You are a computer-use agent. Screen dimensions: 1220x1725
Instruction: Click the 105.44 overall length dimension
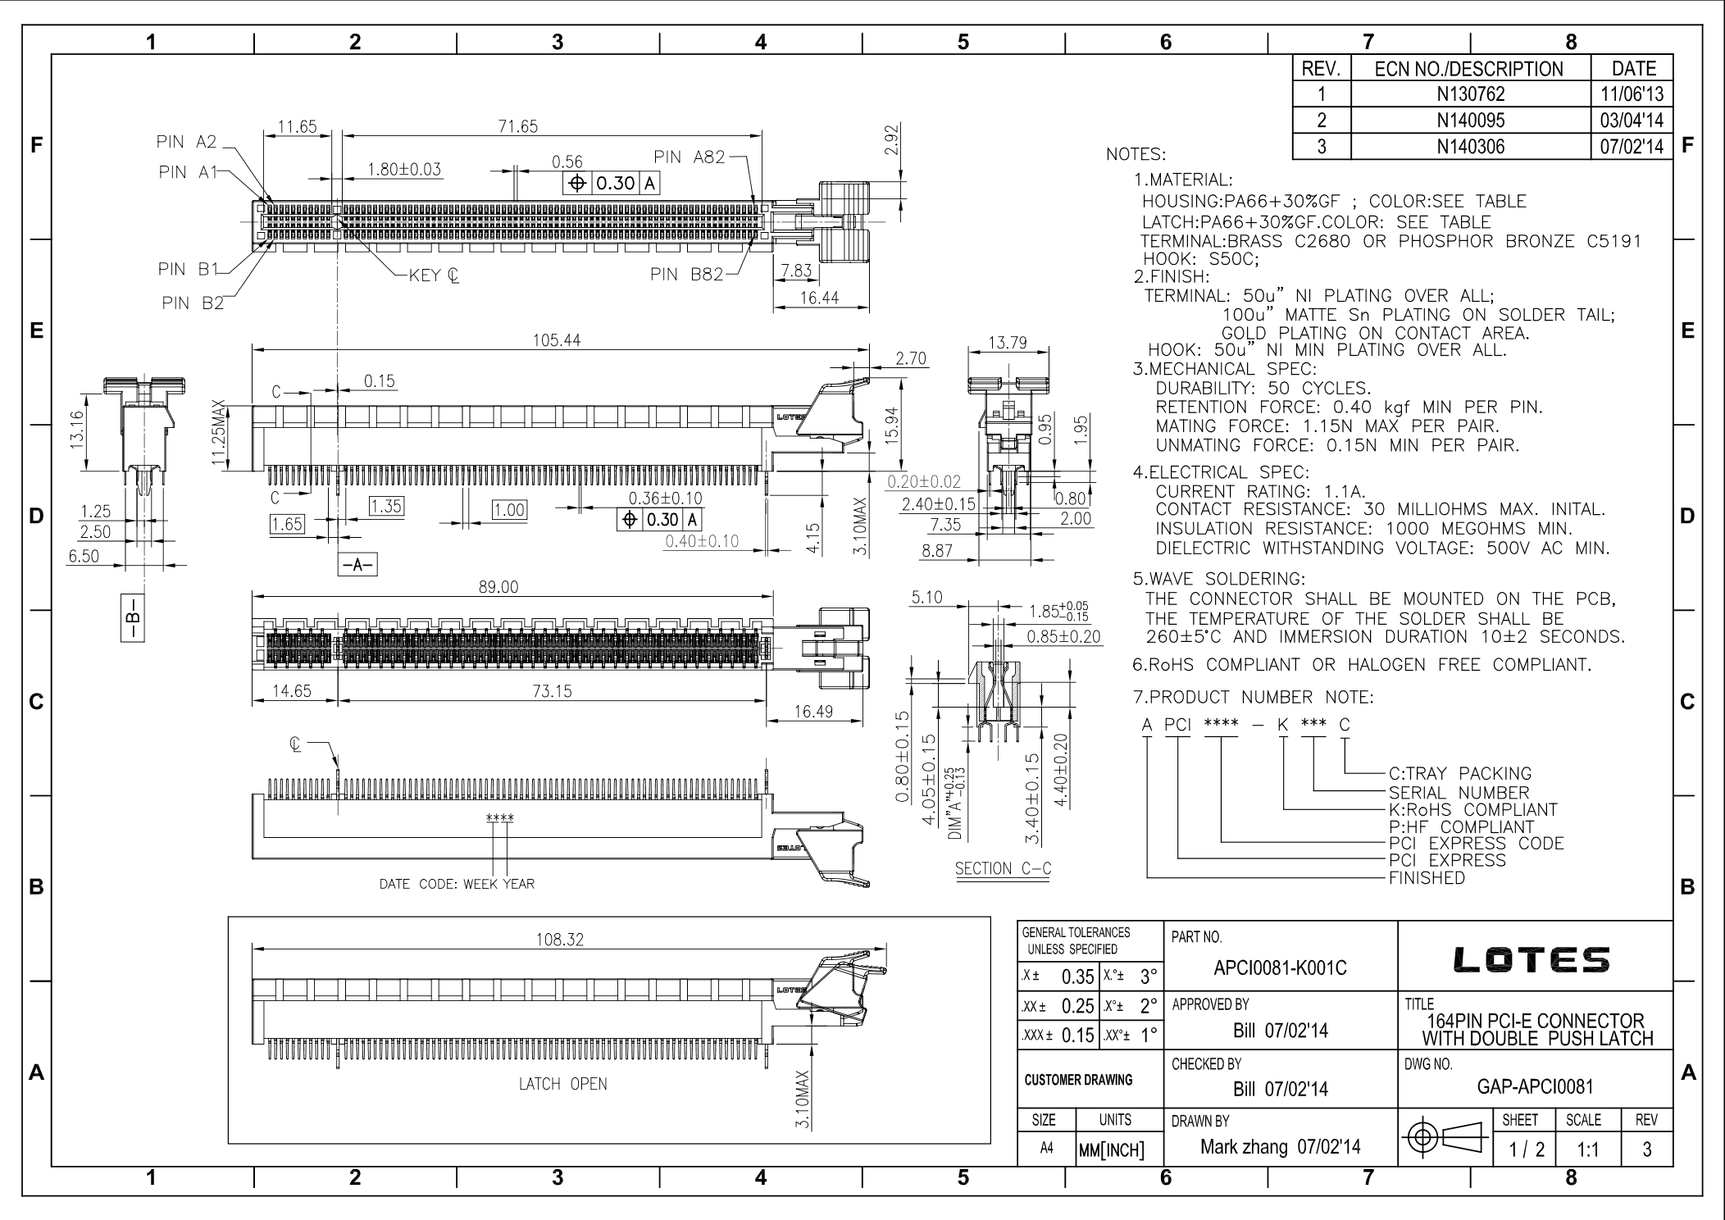tap(556, 340)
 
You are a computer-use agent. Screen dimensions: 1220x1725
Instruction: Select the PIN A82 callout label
tap(690, 157)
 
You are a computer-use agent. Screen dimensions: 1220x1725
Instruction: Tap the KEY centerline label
tap(434, 275)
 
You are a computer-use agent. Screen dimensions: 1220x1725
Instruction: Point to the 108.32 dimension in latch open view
tap(559, 940)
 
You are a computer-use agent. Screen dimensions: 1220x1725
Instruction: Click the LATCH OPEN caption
tap(562, 1084)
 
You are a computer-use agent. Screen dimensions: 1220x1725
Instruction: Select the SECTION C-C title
tap(1003, 869)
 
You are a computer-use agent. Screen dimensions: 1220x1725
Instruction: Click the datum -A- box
tap(357, 565)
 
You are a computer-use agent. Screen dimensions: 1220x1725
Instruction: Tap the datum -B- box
tap(132, 617)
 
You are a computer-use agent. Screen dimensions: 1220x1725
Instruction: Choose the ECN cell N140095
tap(1470, 121)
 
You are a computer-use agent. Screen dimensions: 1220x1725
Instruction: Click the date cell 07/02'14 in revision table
tap(1631, 147)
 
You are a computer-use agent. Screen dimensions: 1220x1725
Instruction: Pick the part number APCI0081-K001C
tap(1280, 968)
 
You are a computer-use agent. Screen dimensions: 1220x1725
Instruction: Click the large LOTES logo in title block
tap(1532, 960)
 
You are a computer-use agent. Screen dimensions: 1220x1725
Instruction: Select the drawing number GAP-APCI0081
tap(1535, 1087)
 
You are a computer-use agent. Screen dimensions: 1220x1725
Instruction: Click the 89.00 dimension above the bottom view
tap(498, 587)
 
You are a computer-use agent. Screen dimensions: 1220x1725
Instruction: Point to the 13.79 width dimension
tap(1008, 343)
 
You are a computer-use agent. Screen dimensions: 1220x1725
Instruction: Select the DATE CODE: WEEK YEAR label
tap(457, 885)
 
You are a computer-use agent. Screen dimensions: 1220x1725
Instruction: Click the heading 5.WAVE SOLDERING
tap(1219, 580)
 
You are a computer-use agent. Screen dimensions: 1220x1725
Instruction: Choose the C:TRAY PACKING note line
tap(1459, 774)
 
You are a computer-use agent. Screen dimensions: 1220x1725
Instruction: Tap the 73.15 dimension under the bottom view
tap(552, 691)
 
